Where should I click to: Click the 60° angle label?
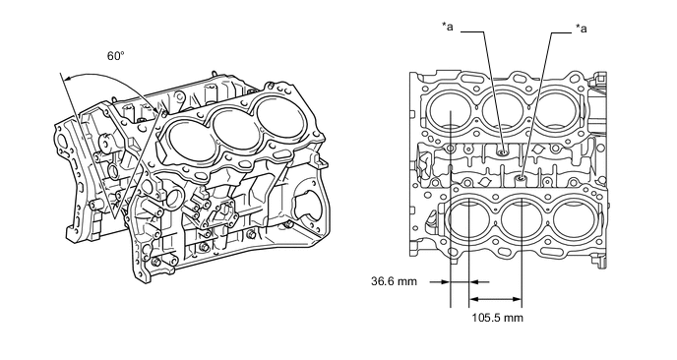tap(115, 56)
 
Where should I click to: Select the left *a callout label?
tap(448, 27)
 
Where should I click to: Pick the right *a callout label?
tap(582, 29)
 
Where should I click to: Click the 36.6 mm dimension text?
tap(395, 281)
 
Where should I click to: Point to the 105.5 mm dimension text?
tap(497, 318)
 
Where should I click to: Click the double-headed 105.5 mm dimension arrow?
tap(496, 299)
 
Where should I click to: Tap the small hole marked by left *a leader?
tap(502, 152)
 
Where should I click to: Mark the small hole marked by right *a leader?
tap(522, 178)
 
